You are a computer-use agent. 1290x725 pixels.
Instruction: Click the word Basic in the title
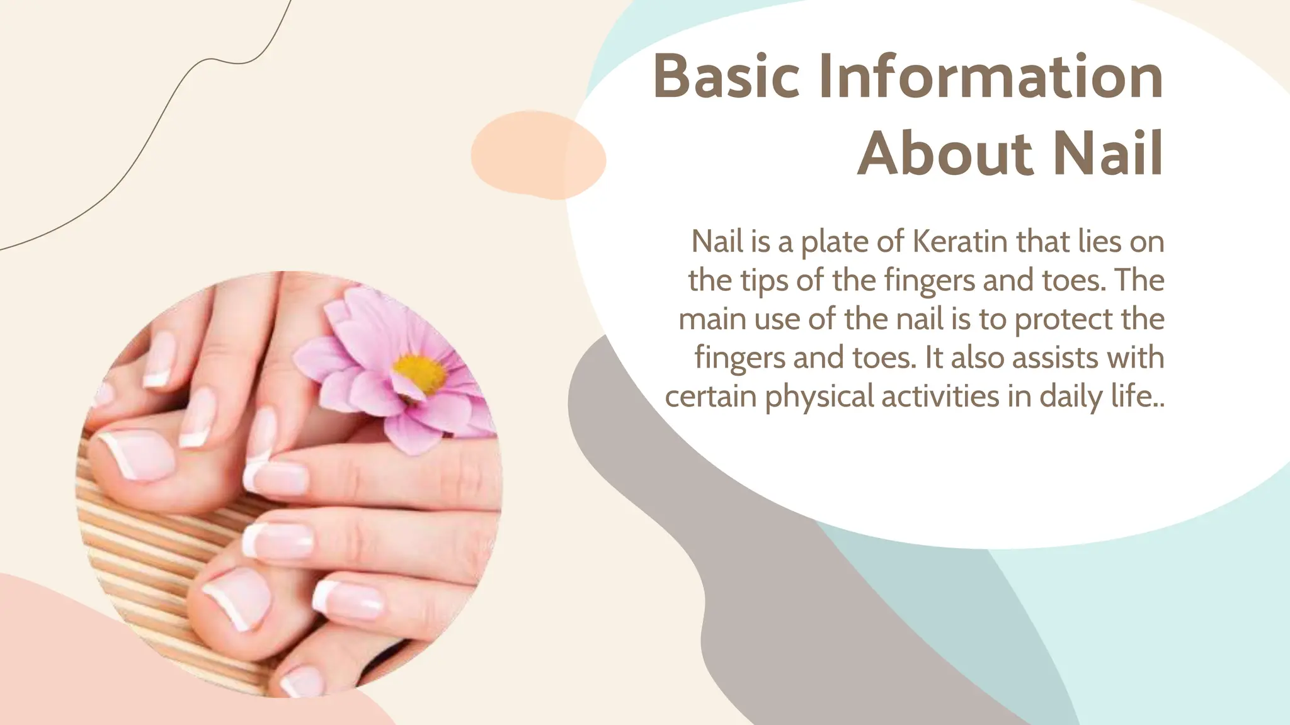(726, 77)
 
